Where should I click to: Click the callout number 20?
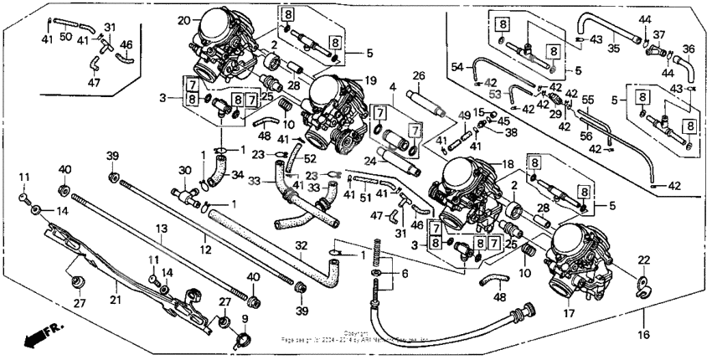(183, 19)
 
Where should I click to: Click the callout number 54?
(457, 66)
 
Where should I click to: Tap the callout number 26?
(420, 76)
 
